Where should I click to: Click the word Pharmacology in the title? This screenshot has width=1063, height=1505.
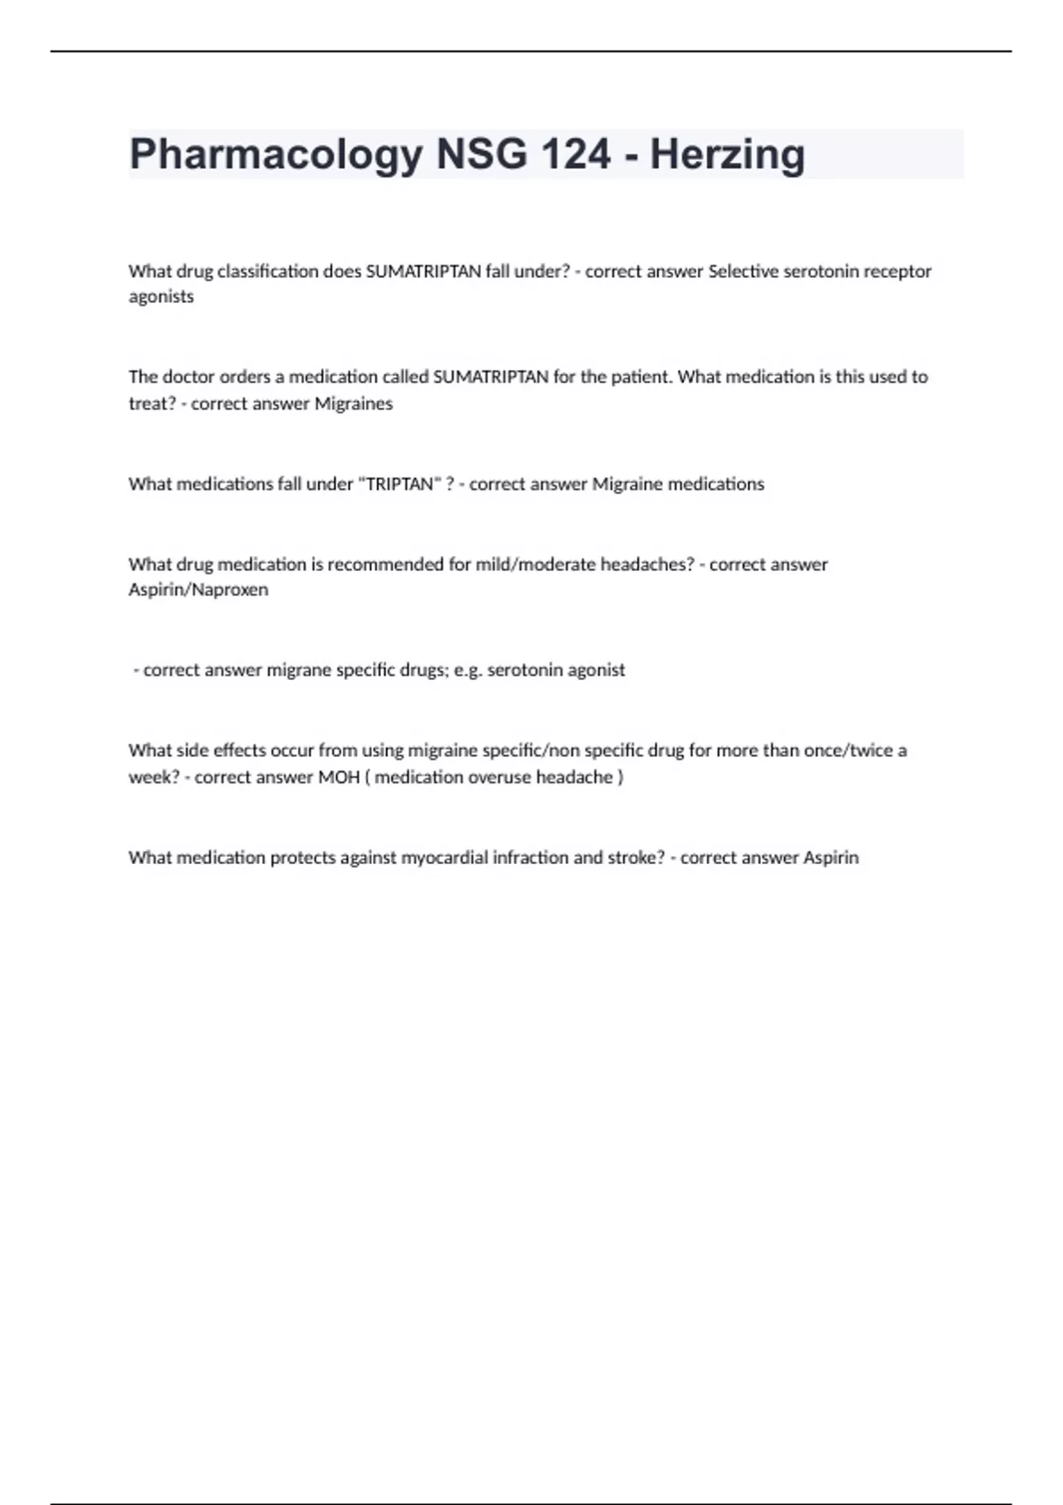click(275, 155)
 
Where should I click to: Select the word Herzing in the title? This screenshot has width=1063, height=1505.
click(727, 155)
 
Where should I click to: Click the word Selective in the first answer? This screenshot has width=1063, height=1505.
click(742, 272)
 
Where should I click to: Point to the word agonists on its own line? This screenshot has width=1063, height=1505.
click(161, 297)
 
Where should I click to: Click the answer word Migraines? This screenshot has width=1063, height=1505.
click(353, 404)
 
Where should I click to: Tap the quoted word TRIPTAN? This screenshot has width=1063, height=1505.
click(400, 484)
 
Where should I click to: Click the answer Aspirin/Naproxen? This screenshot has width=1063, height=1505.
click(198, 590)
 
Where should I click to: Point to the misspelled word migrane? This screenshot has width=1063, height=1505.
click(299, 670)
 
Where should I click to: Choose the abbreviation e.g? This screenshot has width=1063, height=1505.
click(468, 670)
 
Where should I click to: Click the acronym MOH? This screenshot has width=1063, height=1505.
click(338, 777)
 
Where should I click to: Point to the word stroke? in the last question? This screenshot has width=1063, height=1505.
click(636, 858)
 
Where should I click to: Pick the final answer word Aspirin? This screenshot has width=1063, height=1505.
click(831, 858)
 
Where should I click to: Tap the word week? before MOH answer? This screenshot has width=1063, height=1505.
click(154, 777)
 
